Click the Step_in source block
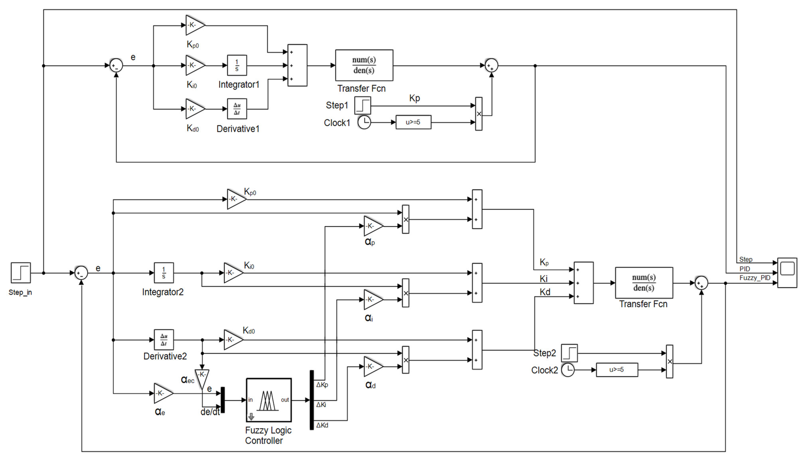coord(21,273)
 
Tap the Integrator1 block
coord(237,65)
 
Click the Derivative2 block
coord(164,340)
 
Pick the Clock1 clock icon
coord(364,122)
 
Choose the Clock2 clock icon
coord(568,370)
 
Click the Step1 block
coord(363,105)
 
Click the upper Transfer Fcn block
coord(364,65)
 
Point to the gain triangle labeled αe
coord(162,393)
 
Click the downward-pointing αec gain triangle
coord(202,378)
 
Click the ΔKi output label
coord(321,405)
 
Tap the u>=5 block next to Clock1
coord(413,122)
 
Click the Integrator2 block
coord(164,273)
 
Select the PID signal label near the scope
coord(744,269)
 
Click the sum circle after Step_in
coord(81,273)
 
